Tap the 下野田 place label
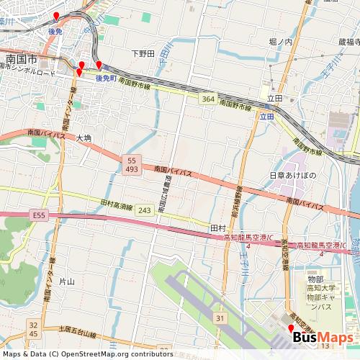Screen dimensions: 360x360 (x=143, y=53)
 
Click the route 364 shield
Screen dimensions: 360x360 (x=208, y=99)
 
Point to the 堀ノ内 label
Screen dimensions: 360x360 (x=280, y=42)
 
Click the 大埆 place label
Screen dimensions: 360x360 (x=84, y=138)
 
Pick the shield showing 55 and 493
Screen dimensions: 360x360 (x=131, y=164)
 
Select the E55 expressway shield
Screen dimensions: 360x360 (x=38, y=214)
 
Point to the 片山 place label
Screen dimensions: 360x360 (x=66, y=282)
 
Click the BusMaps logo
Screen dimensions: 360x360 (x=322, y=338)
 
